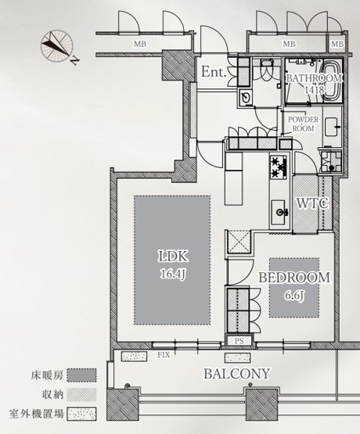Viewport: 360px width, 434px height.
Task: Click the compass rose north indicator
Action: pyautogui.click(x=57, y=45)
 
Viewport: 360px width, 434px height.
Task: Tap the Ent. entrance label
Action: pyautogui.click(x=214, y=72)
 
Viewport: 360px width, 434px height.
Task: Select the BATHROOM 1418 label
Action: pyautogui.click(x=314, y=84)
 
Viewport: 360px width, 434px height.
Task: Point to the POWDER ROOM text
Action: pyautogui.click(x=303, y=124)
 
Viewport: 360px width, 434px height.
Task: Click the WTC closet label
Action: pyautogui.click(x=312, y=203)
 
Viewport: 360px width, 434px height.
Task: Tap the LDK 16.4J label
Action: pyautogui.click(x=173, y=264)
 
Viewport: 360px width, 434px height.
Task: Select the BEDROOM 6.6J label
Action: pyautogui.click(x=294, y=286)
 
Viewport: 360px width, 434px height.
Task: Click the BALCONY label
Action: pyautogui.click(x=237, y=374)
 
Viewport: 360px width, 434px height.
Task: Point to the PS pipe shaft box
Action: pyautogui.click(x=239, y=341)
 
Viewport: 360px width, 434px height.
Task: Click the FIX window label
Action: pyautogui.click(x=164, y=355)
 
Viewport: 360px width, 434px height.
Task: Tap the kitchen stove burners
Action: pyautogui.click(x=279, y=167)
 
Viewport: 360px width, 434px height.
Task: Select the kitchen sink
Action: pyautogui.click(x=279, y=212)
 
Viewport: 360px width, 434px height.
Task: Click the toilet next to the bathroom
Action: pyautogui.click(x=266, y=69)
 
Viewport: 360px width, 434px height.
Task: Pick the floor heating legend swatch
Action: pyautogui.click(x=81, y=375)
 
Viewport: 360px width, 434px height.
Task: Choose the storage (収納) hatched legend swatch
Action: pyautogui.click(x=81, y=394)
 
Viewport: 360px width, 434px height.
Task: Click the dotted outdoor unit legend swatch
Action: pyautogui.click(x=81, y=414)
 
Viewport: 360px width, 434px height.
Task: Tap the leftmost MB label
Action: pyautogui.click(x=140, y=44)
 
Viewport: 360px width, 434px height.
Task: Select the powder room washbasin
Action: pyautogui.click(x=333, y=127)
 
